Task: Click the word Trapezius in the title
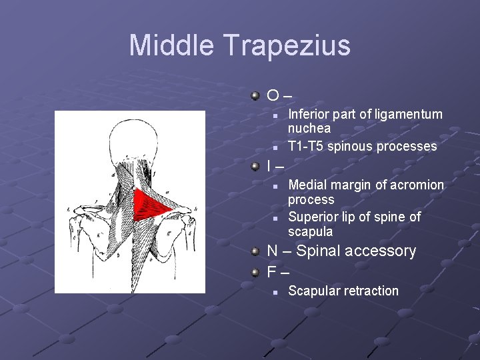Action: coord(287,45)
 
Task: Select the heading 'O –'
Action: coord(279,96)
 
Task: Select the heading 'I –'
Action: coord(275,165)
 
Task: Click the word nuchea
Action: coord(309,128)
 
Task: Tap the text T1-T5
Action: coord(305,146)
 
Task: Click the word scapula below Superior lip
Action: coord(310,232)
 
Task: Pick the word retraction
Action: coord(371,291)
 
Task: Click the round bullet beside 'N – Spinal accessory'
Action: coord(256,251)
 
